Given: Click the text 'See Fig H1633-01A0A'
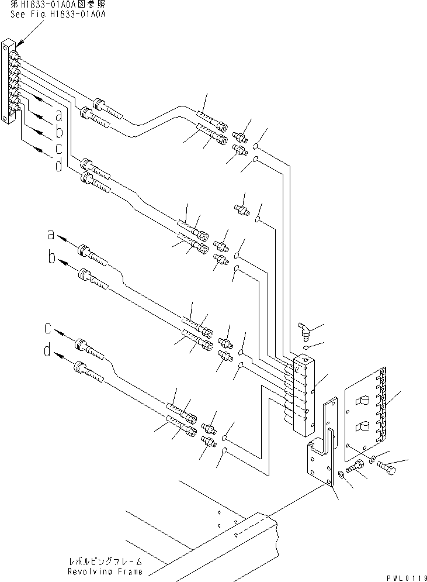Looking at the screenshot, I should (x=57, y=14).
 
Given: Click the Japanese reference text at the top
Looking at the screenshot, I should (x=57, y=5).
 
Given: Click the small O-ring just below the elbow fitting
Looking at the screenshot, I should (x=308, y=346).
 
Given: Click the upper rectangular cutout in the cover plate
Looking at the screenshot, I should (x=361, y=401).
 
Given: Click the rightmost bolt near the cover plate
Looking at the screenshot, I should (x=386, y=466).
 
